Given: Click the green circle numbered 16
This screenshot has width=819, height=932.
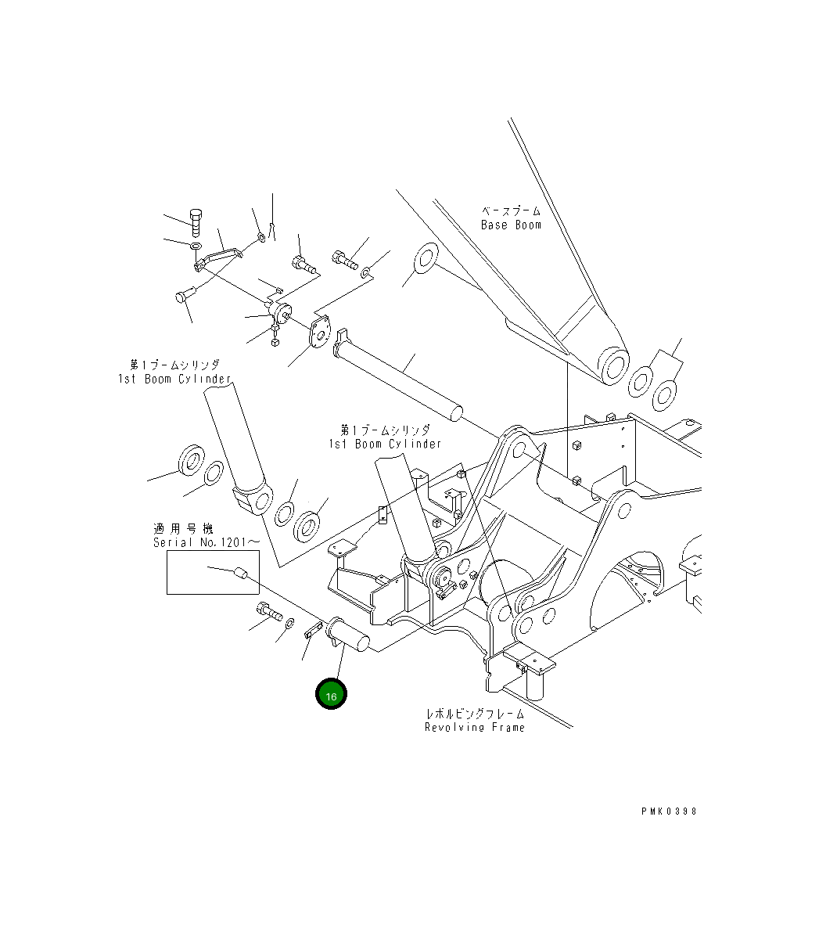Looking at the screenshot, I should (331, 695).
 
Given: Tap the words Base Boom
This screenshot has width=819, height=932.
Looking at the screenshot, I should (511, 225).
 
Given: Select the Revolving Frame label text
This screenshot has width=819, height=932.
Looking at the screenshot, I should (475, 728).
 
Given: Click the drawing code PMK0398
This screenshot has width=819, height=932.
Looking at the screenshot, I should (668, 811).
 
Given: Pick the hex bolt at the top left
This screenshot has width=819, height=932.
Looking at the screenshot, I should (195, 222).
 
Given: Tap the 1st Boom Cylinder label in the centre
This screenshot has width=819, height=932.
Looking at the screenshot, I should (385, 444).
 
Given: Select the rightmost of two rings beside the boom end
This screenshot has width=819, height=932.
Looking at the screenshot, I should (665, 394).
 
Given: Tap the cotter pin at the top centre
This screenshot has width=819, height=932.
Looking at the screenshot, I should (271, 228).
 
